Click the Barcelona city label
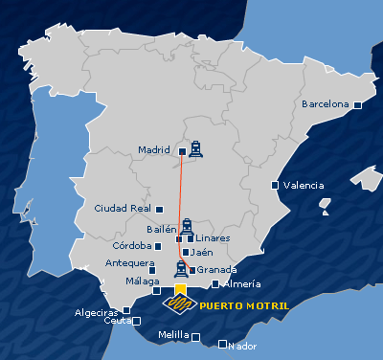click(325, 103)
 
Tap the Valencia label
click(304, 185)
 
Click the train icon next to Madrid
click(195, 147)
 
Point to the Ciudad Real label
click(124, 208)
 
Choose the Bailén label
click(162, 230)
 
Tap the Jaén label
click(201, 253)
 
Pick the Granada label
click(215, 270)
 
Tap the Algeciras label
click(98, 312)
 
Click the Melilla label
click(173, 336)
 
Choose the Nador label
click(244, 345)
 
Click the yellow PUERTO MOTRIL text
click(244, 306)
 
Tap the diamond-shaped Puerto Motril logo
click(179, 303)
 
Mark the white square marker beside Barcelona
click(356, 104)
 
